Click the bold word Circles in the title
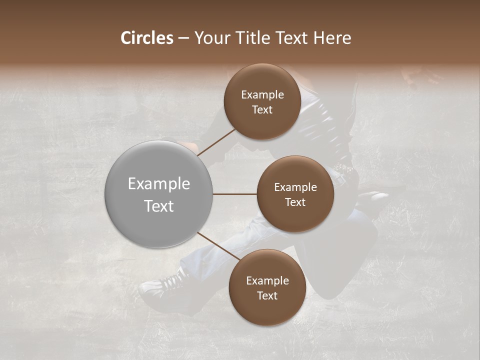pyautogui.click(x=146, y=38)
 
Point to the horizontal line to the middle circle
pyautogui.click(x=235, y=194)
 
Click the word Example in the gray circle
pyautogui.click(x=159, y=184)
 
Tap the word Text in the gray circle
pyautogui.click(x=159, y=205)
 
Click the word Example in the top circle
pyautogui.click(x=262, y=95)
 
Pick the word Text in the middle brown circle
pyautogui.click(x=295, y=202)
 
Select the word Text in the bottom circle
pyautogui.click(x=267, y=295)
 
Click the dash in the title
pyautogui.click(x=183, y=38)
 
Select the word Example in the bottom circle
pyautogui.click(x=267, y=281)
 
